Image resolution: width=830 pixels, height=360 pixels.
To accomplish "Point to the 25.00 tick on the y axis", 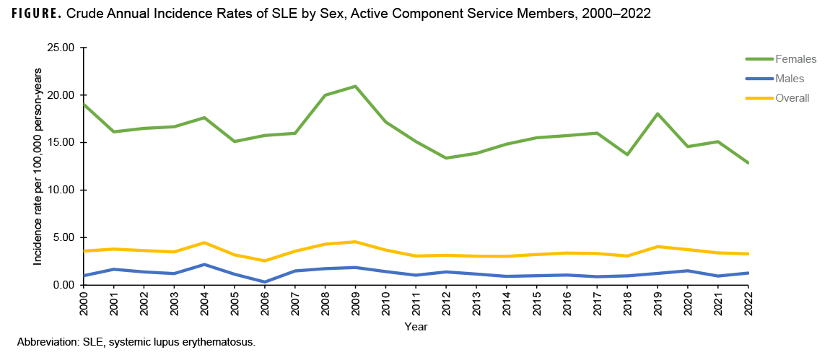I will [x=61, y=48].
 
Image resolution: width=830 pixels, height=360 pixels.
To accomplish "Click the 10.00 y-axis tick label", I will [x=61, y=190].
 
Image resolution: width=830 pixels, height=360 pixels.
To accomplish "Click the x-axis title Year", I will [x=416, y=327].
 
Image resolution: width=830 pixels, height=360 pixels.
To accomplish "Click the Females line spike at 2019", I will [x=658, y=114].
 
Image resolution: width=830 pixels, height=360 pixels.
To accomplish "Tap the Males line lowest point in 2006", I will [x=265, y=282].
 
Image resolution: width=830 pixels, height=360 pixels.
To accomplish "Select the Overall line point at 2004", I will [x=204, y=242].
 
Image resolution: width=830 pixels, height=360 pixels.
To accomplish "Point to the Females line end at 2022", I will [x=748, y=162].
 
